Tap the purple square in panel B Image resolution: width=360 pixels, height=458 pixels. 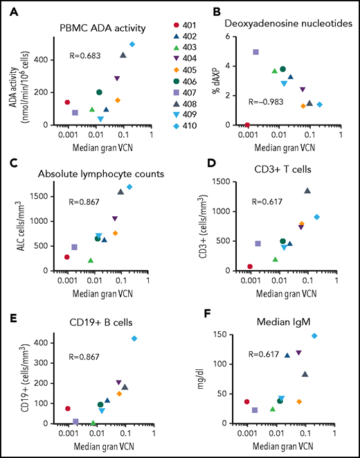coord(255,52)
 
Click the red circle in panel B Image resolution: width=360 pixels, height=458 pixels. coord(247,125)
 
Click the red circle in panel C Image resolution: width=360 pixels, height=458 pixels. coord(67,257)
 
